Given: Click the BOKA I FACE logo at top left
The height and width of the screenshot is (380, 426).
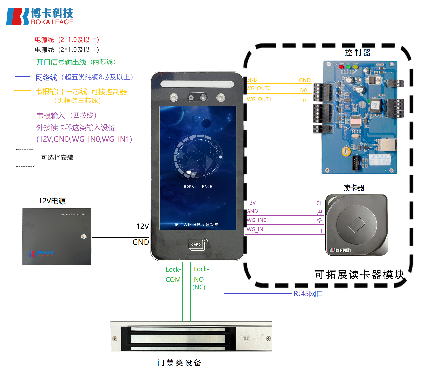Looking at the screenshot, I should [40, 17].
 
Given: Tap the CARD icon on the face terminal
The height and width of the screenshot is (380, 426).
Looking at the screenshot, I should [196, 245].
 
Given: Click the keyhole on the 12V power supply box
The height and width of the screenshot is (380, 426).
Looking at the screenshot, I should [84, 237].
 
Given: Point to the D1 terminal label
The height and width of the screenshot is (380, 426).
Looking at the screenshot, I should [303, 101].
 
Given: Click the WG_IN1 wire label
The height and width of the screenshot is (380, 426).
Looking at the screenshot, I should [256, 229].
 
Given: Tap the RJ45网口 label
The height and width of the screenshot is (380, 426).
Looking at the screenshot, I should [308, 294].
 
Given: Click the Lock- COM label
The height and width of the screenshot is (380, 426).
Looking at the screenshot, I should [173, 275].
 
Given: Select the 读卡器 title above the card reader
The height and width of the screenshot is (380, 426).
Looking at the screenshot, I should [353, 188].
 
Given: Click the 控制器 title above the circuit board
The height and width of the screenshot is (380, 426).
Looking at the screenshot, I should [357, 53].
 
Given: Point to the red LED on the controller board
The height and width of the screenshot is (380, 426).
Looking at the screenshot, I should [341, 67].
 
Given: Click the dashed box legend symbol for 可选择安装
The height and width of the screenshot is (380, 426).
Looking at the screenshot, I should [25, 158].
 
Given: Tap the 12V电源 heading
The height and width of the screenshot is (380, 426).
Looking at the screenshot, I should [52, 201].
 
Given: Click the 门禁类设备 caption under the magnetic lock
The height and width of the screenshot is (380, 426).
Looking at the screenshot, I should [179, 363].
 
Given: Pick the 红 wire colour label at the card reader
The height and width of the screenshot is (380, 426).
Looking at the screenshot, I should [319, 203].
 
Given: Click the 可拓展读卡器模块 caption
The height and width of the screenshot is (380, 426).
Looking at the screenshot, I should [359, 275].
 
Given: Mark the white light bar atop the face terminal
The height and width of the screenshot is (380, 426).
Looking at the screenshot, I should [197, 84].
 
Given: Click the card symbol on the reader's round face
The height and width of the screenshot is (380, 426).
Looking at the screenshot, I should [357, 224].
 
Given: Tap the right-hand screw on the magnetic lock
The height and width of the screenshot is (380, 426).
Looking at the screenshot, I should [268, 338].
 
